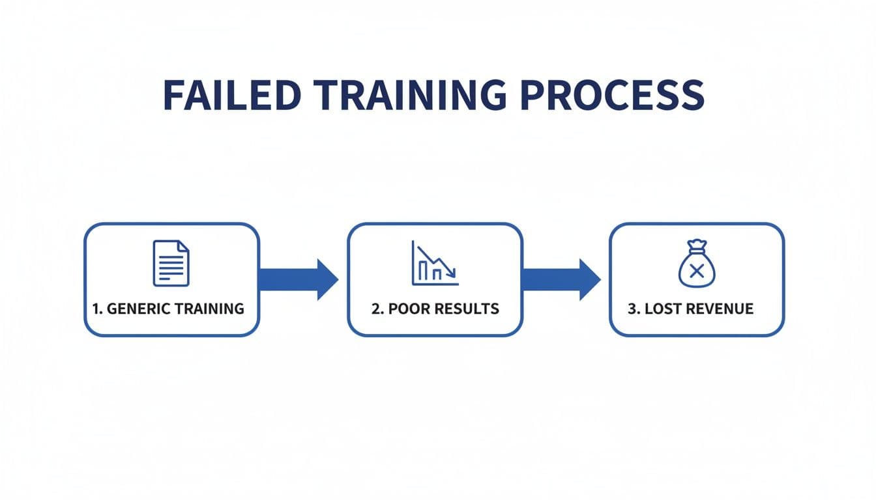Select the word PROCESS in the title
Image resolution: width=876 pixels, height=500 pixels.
[613, 95]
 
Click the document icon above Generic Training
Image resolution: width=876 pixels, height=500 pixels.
[171, 263]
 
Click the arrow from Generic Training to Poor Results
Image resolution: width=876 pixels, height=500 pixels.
[299, 279]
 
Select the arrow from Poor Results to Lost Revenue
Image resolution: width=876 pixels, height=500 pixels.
[561, 279]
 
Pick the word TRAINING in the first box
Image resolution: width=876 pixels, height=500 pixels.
[208, 309]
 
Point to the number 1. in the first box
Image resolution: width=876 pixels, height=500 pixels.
[98, 309]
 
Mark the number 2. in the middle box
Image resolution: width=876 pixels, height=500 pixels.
[377, 309]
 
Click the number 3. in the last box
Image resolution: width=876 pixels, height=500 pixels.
[634, 309]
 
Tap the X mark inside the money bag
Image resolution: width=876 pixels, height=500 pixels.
[696, 270]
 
